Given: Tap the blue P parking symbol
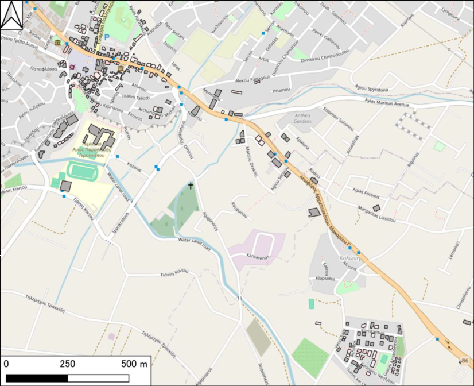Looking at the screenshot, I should pos(106,37).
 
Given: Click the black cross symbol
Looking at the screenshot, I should pos(191,186).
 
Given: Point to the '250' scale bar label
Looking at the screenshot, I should pos(68,364).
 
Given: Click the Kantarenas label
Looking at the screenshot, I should pos(258,257).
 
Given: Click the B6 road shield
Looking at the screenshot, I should pos(465,361).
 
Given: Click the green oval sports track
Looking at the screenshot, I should pos(84,171).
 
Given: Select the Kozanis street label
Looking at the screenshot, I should pos(134,164).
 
